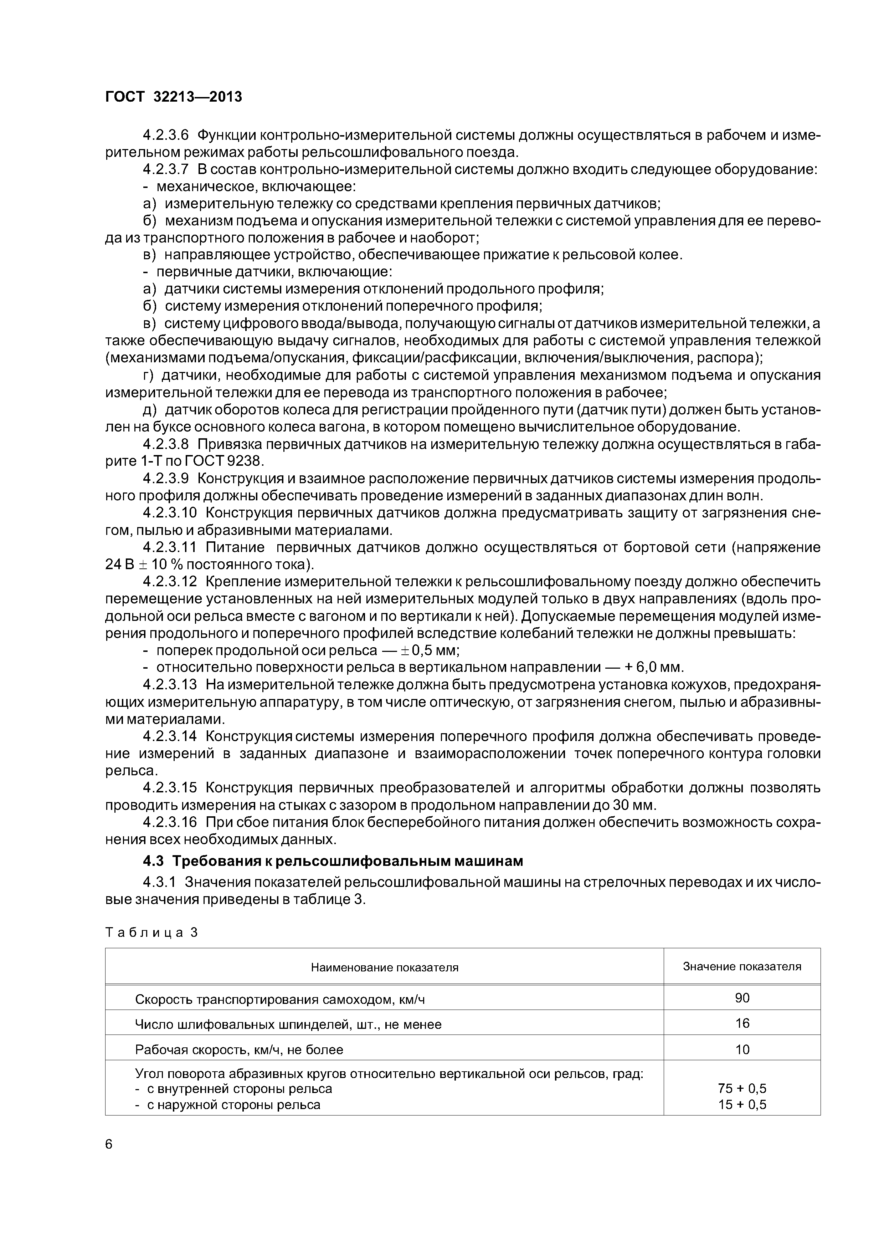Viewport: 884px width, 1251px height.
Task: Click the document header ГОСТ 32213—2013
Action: click(173, 97)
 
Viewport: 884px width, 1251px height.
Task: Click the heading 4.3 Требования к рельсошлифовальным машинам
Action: click(333, 861)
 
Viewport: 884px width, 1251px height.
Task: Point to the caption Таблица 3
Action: click(151, 932)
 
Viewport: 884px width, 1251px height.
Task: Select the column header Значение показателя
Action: click(742, 966)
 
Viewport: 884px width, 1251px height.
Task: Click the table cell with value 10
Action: click(742, 1050)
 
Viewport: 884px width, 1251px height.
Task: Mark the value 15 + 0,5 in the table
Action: click(742, 1104)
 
